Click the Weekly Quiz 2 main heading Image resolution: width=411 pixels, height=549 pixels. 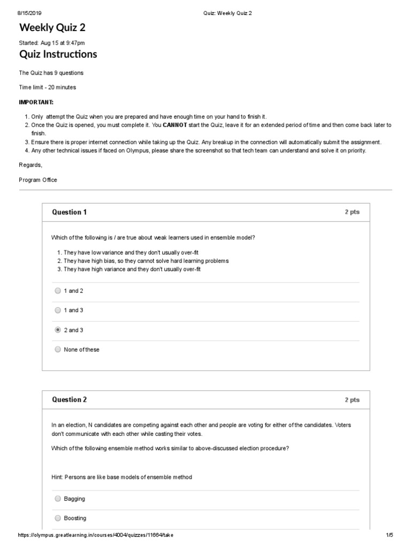(52, 28)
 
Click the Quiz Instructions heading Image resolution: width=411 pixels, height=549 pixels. (58, 54)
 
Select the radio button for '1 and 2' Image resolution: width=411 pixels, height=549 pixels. (58, 291)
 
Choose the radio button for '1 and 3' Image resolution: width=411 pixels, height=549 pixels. (58, 310)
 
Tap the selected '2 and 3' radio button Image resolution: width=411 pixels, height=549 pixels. (58, 330)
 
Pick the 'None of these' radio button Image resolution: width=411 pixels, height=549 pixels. (58, 350)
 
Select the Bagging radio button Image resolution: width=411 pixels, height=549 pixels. (58, 499)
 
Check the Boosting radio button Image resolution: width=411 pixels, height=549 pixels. (58, 518)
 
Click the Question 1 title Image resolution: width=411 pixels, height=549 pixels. (69, 212)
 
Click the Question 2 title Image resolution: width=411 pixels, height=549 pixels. (69, 400)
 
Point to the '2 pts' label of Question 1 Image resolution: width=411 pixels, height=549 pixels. (352, 212)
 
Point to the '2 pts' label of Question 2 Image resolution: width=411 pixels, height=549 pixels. (352, 400)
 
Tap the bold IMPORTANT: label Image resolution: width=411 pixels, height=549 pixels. (36, 102)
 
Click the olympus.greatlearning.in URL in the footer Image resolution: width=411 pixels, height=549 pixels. (96, 535)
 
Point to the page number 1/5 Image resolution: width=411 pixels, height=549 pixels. (389, 535)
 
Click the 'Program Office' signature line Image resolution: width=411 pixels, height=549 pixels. (38, 180)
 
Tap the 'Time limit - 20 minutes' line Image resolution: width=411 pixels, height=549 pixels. (48, 87)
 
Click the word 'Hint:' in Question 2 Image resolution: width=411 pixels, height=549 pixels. (57, 477)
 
